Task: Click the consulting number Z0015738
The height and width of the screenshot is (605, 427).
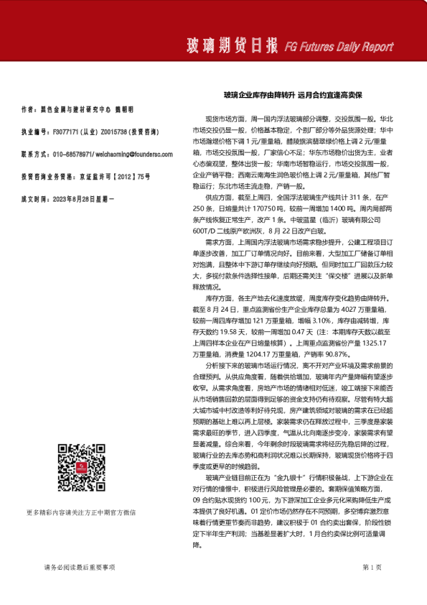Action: tap(114, 132)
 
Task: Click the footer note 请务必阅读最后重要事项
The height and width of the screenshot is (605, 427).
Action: tap(79, 568)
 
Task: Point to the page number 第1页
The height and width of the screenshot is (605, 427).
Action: tap(372, 568)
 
